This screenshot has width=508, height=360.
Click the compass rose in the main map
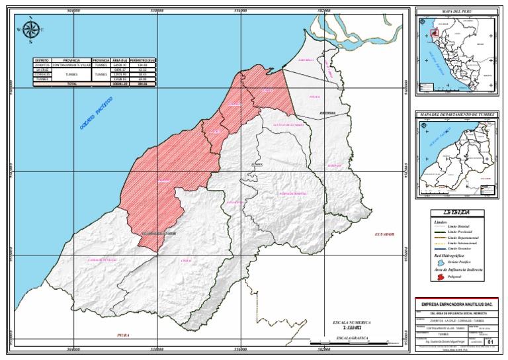click(31, 30)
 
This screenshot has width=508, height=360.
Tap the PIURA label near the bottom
click(123, 336)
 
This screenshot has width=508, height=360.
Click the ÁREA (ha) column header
click(120, 60)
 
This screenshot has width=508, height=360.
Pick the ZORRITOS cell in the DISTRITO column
click(42, 66)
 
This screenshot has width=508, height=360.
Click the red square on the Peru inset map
click(434, 32)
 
